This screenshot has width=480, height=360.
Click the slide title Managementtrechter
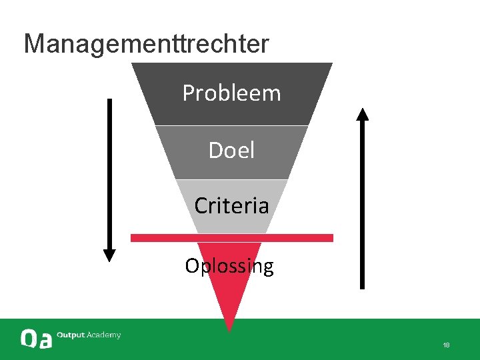click(147, 44)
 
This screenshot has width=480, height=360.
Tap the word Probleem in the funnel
click(231, 93)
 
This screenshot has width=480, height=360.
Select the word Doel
click(231, 151)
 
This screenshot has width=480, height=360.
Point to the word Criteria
click(231, 205)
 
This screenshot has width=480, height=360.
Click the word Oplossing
click(229, 266)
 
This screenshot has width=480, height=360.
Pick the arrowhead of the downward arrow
click(109, 255)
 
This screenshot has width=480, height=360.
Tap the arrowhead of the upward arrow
click(362, 114)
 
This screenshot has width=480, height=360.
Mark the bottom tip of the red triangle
click(229, 329)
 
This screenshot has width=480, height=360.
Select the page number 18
click(446, 345)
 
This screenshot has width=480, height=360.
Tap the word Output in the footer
click(71, 335)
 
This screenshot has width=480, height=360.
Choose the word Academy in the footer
click(104, 335)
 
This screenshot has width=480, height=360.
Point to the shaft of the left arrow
click(109, 173)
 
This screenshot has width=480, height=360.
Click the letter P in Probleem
click(189, 93)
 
